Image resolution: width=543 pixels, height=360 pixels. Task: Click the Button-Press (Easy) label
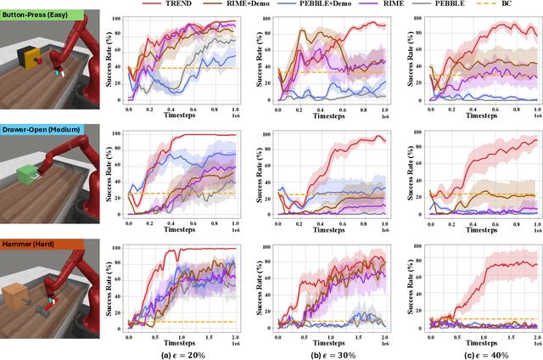pos(36,16)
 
